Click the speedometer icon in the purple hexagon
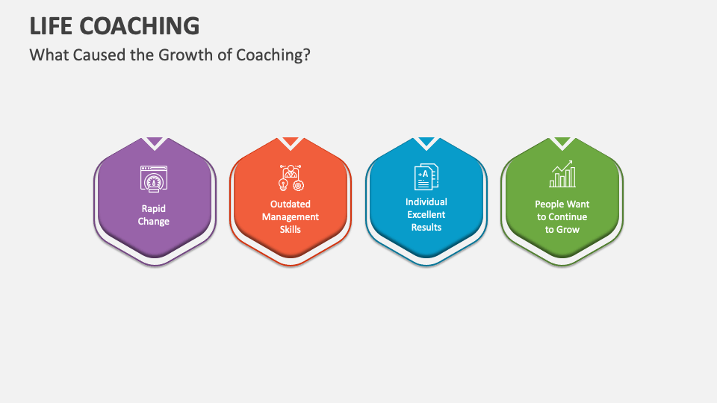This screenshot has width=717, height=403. click(154, 179)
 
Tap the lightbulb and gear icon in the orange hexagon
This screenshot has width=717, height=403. click(290, 178)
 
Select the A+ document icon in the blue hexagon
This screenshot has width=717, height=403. click(426, 176)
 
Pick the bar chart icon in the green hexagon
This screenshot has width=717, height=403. click(562, 175)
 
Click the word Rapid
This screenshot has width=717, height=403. click(154, 209)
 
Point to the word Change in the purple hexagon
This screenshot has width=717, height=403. click(154, 222)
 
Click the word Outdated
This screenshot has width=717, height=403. click(291, 204)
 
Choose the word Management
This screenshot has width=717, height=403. click(291, 216)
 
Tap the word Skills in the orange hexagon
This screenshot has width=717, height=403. click(291, 229)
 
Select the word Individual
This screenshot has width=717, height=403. click(426, 201)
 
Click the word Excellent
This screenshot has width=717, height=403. click(426, 214)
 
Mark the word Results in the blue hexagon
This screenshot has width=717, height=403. click(426, 227)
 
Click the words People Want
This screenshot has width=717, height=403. click(562, 204)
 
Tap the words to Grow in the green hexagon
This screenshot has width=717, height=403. click(562, 229)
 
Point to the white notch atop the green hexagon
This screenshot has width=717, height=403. click(562, 142)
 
